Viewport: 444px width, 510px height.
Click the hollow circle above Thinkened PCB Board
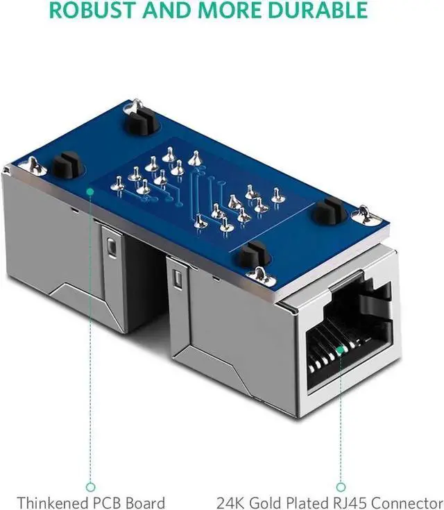point(91,487)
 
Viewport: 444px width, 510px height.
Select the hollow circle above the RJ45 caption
point(341,487)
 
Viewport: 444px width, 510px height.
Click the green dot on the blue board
point(90,192)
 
